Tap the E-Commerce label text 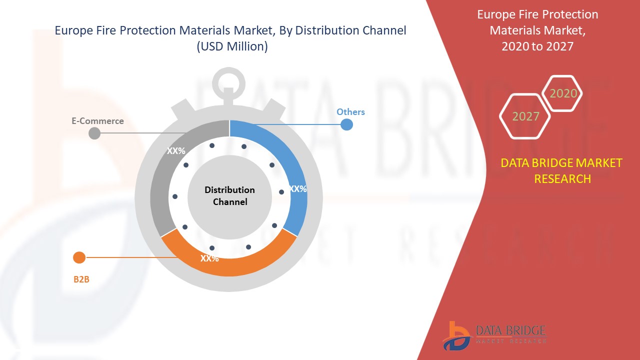(x=97, y=121)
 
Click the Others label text (x=350, y=112)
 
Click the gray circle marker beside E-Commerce (x=94, y=133)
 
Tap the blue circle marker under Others (x=346, y=124)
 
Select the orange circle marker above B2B (x=79, y=258)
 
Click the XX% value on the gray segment (x=176, y=150)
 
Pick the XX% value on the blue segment (x=298, y=189)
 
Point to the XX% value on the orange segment (x=209, y=258)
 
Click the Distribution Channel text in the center (x=229, y=196)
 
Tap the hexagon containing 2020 (x=563, y=93)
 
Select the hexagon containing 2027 (x=525, y=116)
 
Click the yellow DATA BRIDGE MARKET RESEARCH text (x=562, y=170)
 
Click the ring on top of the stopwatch (x=229, y=83)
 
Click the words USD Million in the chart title (x=232, y=46)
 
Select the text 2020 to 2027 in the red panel (x=537, y=46)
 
